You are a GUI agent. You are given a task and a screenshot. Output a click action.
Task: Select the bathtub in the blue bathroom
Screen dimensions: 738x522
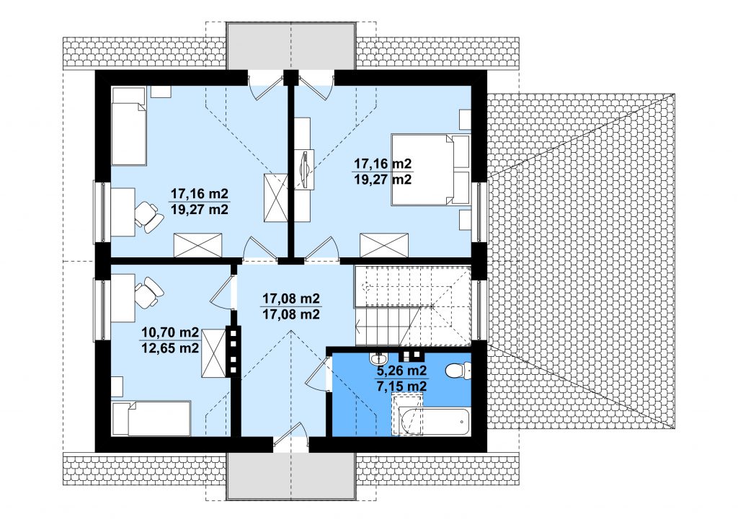point(433,422)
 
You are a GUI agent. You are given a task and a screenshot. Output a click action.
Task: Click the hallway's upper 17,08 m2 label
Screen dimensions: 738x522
point(291,298)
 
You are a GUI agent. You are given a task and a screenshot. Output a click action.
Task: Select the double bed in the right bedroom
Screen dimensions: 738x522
point(431,170)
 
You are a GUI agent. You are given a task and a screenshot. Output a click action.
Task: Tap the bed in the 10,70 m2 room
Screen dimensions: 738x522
point(151,418)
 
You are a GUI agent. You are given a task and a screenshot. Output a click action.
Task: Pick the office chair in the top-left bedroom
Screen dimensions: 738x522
point(148,216)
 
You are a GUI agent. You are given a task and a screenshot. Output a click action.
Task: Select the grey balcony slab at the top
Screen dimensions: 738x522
point(291,45)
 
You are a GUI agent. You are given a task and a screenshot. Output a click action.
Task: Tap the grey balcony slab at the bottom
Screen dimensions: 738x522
point(291,477)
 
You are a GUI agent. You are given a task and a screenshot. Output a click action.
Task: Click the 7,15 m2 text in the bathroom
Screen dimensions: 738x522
point(401,386)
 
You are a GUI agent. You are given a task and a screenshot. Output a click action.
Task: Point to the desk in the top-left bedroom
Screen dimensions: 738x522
point(123,212)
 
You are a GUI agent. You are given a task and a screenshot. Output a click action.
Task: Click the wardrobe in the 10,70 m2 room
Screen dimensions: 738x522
point(213,353)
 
